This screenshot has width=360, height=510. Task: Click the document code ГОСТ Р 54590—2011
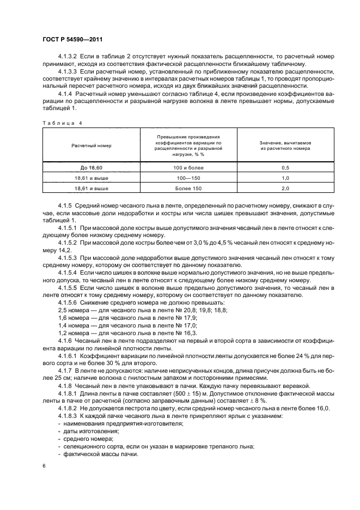click(72, 40)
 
